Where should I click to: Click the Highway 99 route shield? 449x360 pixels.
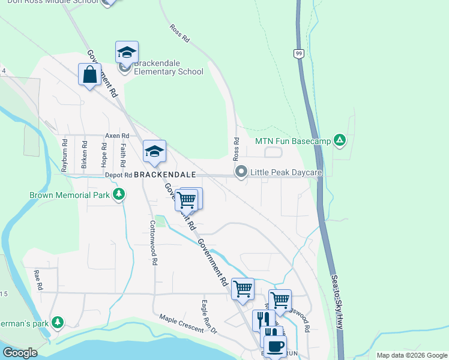298,54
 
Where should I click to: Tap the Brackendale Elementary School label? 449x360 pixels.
169,67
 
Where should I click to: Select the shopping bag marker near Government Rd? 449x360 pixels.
89,75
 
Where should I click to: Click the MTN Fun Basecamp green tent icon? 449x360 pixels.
340,141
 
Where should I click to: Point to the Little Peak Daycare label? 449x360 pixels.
286,173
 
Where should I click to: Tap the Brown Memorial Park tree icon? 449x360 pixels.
119,194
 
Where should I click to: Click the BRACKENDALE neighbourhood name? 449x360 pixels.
165,175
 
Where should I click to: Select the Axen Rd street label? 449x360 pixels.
117,136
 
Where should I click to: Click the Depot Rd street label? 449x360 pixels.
118,175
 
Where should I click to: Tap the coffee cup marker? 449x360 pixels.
276,345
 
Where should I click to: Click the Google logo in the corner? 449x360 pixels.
20,352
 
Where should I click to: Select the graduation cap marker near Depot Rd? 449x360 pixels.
154,151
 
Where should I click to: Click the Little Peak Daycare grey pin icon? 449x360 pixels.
241,173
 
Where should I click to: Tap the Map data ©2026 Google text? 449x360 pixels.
411,355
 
